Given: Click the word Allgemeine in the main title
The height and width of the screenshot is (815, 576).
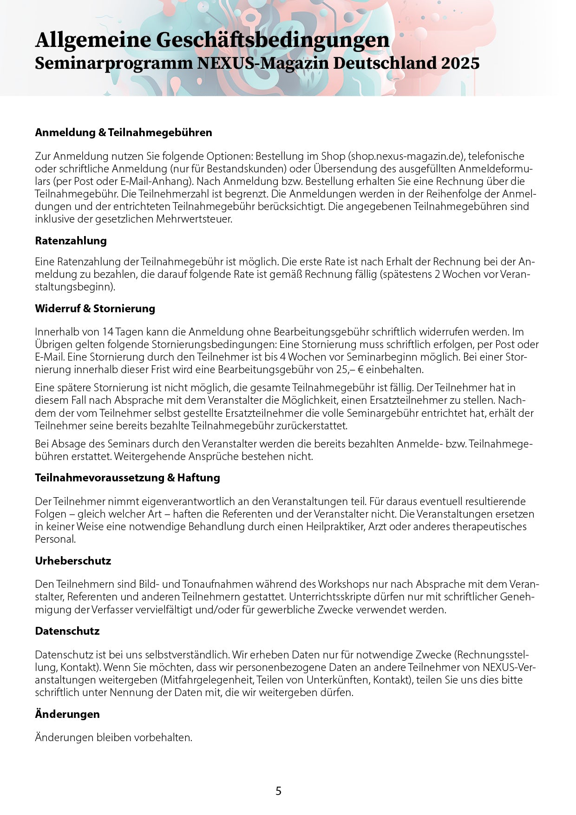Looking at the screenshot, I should [93, 40].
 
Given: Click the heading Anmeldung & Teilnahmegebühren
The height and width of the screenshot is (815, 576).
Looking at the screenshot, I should [124, 132].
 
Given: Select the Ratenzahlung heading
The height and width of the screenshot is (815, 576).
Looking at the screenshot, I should [71, 241].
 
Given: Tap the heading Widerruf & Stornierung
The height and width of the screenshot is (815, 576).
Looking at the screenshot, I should [95, 309].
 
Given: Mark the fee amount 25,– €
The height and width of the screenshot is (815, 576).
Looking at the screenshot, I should [351, 370].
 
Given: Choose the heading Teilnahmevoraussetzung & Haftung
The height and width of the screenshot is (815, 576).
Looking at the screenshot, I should [127, 478].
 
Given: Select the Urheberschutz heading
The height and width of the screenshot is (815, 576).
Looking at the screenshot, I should [73, 561].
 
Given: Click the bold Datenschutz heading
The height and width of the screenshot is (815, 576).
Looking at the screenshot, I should [67, 631].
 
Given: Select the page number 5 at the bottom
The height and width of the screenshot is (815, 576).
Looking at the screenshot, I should [278, 791].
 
